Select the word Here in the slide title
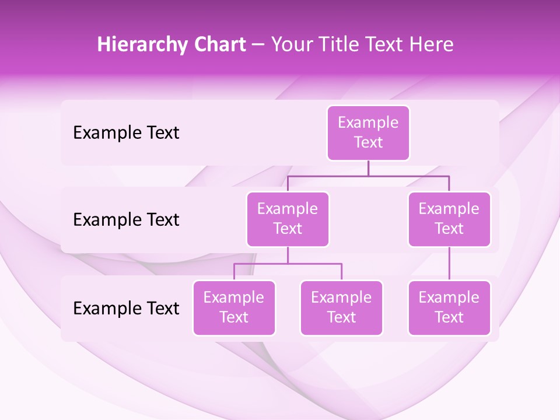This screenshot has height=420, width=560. [x=432, y=45]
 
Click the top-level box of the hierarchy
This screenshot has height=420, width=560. [x=368, y=132]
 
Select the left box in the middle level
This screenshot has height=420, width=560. [x=288, y=219]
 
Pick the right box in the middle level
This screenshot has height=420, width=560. [x=449, y=219]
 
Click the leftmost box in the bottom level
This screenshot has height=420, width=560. [x=234, y=307]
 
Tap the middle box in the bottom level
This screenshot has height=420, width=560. [x=341, y=307]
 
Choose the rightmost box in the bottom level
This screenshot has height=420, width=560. [x=449, y=307]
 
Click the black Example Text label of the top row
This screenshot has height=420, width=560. [x=126, y=133]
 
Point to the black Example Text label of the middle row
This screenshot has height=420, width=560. [x=126, y=220]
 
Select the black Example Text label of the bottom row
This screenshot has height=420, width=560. [x=126, y=308]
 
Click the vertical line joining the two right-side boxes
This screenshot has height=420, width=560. [x=449, y=264]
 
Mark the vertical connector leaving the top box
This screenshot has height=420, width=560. [x=368, y=168]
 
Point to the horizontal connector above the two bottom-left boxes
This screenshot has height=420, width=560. [x=288, y=264]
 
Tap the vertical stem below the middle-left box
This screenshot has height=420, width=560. [x=288, y=255]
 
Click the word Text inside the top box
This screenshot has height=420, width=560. [x=368, y=142]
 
